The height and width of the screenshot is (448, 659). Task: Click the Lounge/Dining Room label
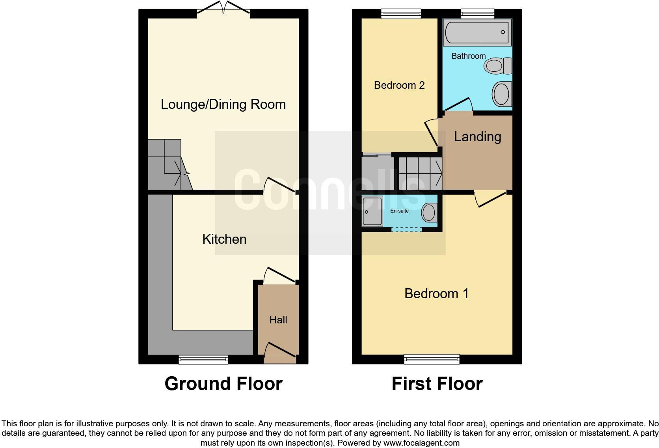223,105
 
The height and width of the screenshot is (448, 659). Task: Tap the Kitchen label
224,239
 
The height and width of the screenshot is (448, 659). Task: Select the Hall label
278,320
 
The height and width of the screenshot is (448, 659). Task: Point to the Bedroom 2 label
399,85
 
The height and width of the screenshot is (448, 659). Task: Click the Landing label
477,136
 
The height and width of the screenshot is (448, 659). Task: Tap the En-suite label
399,211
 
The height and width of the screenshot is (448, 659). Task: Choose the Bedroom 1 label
436,293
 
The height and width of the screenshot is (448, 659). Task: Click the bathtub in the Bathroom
477,32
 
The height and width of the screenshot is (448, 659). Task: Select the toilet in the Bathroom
498,65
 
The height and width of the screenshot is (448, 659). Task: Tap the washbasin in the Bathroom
502,94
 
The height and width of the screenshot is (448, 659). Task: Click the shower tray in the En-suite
372,211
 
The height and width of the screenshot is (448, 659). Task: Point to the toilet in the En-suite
429,213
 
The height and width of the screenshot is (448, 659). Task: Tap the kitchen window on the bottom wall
203,359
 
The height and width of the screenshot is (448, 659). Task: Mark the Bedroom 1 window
432,359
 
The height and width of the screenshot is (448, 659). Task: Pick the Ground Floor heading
223,384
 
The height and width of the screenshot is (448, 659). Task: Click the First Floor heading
437,384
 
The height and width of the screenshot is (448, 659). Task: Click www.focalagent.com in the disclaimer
421,443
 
